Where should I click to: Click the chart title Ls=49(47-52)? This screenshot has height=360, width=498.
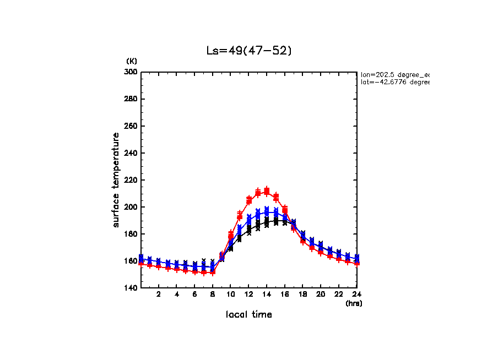pyautogui.click(x=248, y=51)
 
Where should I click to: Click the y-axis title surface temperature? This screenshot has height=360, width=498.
pyautogui.click(x=116, y=179)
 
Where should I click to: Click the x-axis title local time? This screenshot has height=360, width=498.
pyautogui.click(x=248, y=315)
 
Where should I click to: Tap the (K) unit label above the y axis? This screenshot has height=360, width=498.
pyautogui.click(x=132, y=61)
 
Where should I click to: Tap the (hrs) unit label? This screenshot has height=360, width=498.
pyautogui.click(x=353, y=303)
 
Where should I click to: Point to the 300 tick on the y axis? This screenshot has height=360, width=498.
pyautogui.click(x=132, y=72)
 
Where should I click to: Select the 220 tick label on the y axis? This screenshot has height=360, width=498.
pyautogui.click(x=132, y=180)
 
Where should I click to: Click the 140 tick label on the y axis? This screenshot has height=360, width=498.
pyautogui.click(x=132, y=288)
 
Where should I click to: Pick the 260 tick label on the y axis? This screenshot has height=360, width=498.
pyautogui.click(x=132, y=126)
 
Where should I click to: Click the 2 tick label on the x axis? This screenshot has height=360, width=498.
pyautogui.click(x=159, y=295)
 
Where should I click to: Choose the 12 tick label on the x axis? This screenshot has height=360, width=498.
pyautogui.click(x=248, y=295)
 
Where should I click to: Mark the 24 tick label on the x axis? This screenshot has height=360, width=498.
pyautogui.click(x=356, y=295)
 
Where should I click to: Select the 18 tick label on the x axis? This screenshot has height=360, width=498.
pyautogui.click(x=302, y=295)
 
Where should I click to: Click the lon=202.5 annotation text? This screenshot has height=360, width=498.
pyautogui.click(x=394, y=74)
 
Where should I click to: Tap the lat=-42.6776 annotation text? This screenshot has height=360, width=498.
pyautogui.click(x=394, y=82)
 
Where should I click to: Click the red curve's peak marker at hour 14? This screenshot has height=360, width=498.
pyautogui.click(x=267, y=192)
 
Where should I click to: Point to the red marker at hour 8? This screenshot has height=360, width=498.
pyautogui.click(x=213, y=272)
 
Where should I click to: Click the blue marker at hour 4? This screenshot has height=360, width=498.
pyautogui.click(x=177, y=264)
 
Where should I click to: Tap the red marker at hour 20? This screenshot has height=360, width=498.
pyautogui.click(x=321, y=252)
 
